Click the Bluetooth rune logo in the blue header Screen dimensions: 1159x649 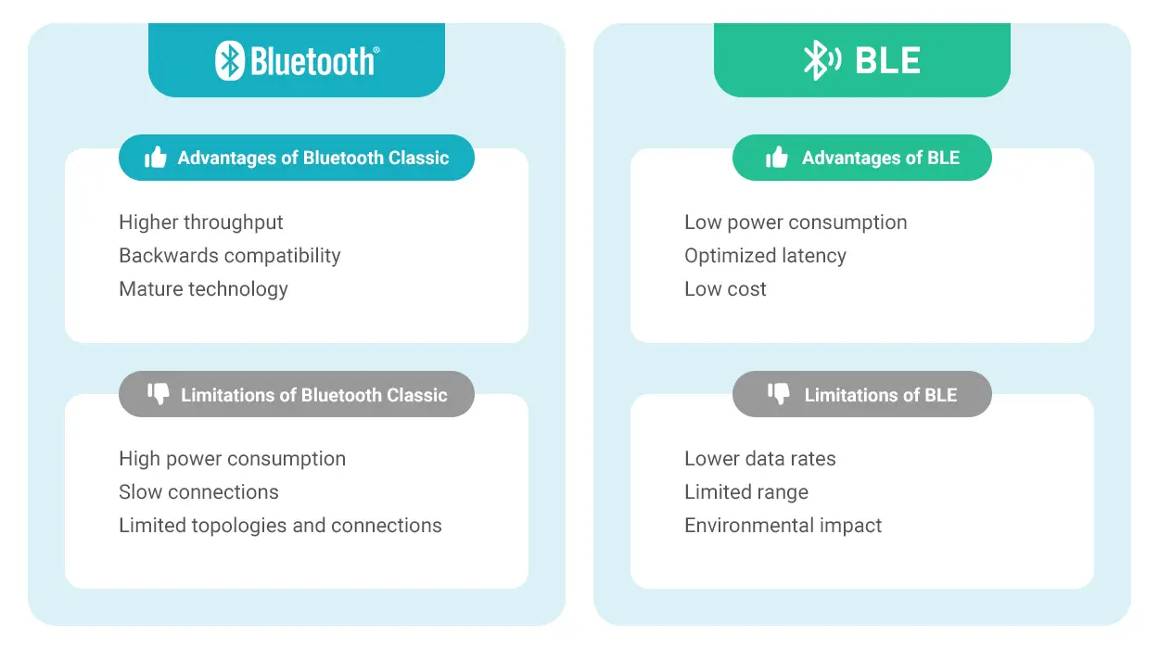point(230,60)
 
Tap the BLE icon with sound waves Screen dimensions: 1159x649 point(822,60)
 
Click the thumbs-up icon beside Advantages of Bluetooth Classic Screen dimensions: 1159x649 point(156,158)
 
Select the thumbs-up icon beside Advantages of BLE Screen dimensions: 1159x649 point(777,158)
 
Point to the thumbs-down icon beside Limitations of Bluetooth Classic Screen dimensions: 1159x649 point(159,394)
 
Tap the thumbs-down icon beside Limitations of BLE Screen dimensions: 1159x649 point(779,394)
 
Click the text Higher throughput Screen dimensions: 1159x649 point(201,223)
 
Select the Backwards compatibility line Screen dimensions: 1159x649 point(230,256)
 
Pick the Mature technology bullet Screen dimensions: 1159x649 point(203,289)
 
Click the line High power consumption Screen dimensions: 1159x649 point(233,459)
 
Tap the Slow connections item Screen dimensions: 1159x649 point(198,492)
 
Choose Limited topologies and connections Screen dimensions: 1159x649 point(280,526)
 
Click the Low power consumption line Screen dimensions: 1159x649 point(796,223)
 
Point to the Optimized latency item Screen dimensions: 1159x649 point(765,256)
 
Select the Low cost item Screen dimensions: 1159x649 point(725,289)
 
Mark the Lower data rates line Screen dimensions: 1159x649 point(760,459)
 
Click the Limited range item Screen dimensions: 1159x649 point(746,492)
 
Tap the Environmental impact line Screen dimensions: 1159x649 point(783,526)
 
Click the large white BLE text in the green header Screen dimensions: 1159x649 point(888,60)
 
